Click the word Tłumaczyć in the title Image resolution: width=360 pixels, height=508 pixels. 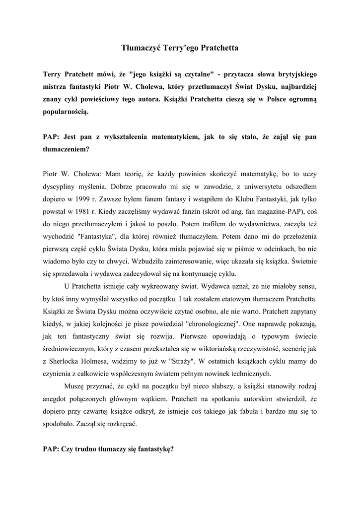coord(140,48)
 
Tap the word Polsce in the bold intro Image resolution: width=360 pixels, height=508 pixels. coord(271,100)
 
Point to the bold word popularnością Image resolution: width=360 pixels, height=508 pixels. coord(66,113)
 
